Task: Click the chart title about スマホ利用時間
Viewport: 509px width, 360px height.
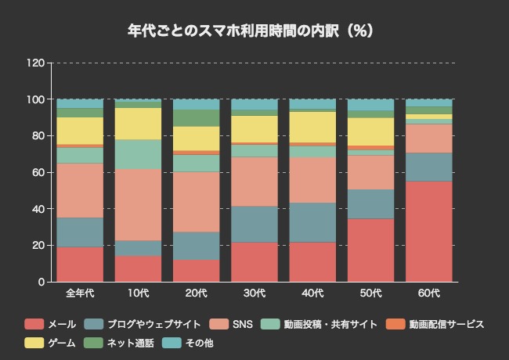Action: [x=254, y=31]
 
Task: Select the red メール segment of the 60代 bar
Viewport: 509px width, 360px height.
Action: [x=429, y=232]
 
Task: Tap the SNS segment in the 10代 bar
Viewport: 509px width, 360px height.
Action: [x=138, y=205]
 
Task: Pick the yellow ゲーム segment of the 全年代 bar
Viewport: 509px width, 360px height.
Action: [x=80, y=131]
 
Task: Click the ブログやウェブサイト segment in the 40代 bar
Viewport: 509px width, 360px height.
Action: [x=312, y=222]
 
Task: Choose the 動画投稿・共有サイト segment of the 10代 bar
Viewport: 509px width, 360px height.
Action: [x=138, y=154]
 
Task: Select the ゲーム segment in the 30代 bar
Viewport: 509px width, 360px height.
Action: [x=254, y=129]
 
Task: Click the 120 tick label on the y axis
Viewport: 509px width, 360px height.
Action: [x=34, y=63]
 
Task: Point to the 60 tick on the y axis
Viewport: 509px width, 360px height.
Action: [x=38, y=173]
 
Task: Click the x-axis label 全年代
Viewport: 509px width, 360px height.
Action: [x=80, y=293]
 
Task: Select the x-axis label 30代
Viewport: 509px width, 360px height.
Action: [x=254, y=293]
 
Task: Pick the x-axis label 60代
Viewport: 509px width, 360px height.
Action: [x=429, y=293]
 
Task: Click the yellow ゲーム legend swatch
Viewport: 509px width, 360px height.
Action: [x=34, y=343]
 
